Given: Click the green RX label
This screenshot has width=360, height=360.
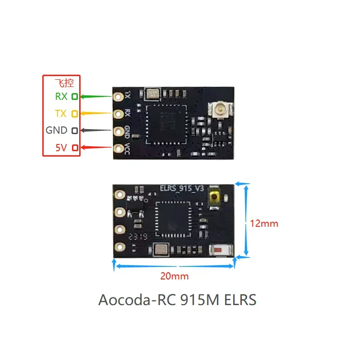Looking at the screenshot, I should point(61,96).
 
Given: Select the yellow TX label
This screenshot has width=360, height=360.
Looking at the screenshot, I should point(61,113).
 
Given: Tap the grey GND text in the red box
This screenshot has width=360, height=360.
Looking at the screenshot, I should point(56,130).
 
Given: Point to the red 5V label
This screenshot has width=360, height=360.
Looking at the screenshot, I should point(61,147).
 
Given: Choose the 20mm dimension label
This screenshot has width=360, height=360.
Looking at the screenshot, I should point(175,276).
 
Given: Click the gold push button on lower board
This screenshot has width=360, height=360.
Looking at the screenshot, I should point(215,197).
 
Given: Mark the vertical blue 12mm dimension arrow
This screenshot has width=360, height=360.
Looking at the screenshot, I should point(246,220).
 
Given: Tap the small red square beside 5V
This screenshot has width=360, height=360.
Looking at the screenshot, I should point(75,147).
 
